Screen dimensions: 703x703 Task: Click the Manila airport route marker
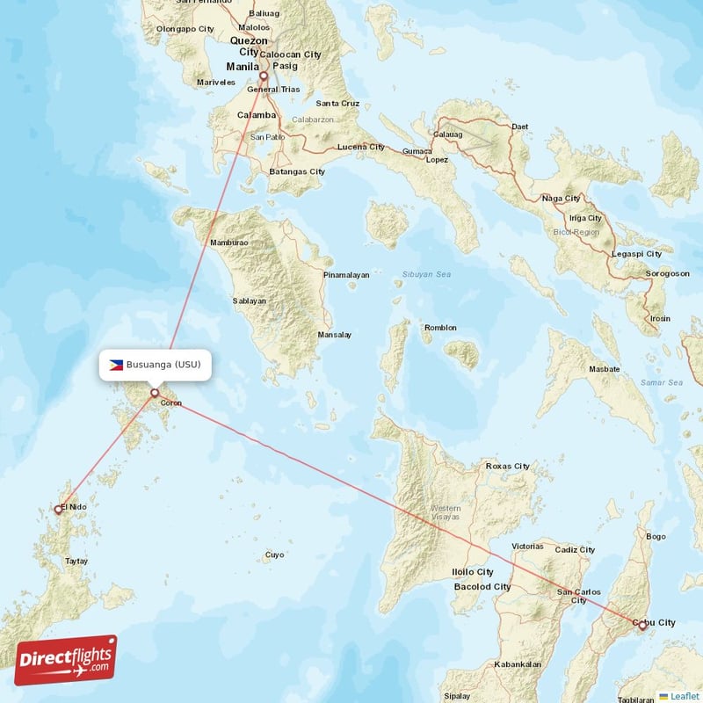tap(263, 76)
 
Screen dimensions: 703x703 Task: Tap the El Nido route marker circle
tap(59, 509)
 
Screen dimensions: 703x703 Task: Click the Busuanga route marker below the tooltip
tap(155, 393)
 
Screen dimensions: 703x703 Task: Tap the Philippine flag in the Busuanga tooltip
tap(116, 365)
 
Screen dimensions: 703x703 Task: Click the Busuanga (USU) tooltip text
tap(163, 365)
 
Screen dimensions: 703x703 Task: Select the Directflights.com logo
tap(66, 660)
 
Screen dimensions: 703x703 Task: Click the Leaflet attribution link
tap(684, 696)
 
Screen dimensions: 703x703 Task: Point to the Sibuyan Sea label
tap(426, 275)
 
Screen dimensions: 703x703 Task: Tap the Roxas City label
tap(508, 466)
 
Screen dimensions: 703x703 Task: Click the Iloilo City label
tap(473, 572)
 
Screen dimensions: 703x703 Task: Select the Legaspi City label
tap(637, 254)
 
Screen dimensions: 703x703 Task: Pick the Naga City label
tap(562, 199)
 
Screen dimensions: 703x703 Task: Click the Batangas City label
tap(297, 171)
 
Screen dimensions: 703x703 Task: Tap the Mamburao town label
tap(228, 243)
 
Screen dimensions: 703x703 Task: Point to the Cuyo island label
tap(275, 555)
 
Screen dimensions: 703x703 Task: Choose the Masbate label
tap(605, 369)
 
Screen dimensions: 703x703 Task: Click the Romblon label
tap(440, 328)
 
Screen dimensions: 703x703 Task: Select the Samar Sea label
tap(662, 382)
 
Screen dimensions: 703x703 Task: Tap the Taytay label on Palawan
tap(77, 561)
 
